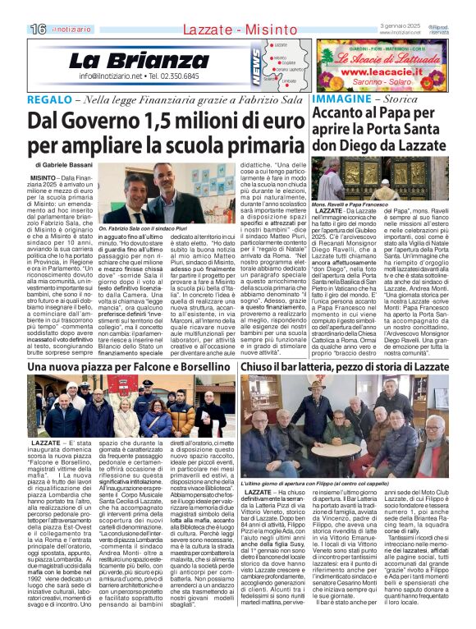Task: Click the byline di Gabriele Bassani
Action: click(65, 165)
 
